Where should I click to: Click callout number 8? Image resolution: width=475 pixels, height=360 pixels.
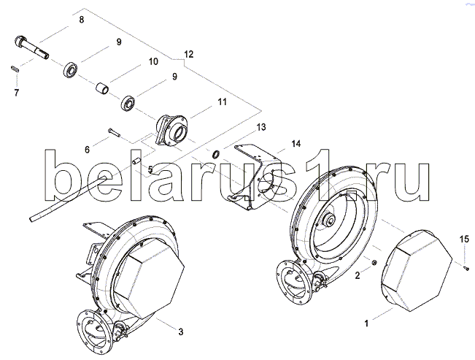click(x=81, y=20)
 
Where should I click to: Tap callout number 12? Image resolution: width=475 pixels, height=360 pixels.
click(x=189, y=55)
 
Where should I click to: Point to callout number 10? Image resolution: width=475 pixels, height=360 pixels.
click(x=153, y=62)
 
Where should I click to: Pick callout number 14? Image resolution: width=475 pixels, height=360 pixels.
click(x=296, y=142)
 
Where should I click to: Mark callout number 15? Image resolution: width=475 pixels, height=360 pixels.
click(x=463, y=240)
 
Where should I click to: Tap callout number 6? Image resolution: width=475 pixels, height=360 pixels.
click(x=87, y=150)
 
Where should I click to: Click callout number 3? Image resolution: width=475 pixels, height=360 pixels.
click(x=181, y=332)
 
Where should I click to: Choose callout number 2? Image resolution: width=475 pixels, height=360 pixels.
click(x=358, y=275)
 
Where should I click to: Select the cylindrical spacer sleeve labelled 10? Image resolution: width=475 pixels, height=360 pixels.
click(x=102, y=89)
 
